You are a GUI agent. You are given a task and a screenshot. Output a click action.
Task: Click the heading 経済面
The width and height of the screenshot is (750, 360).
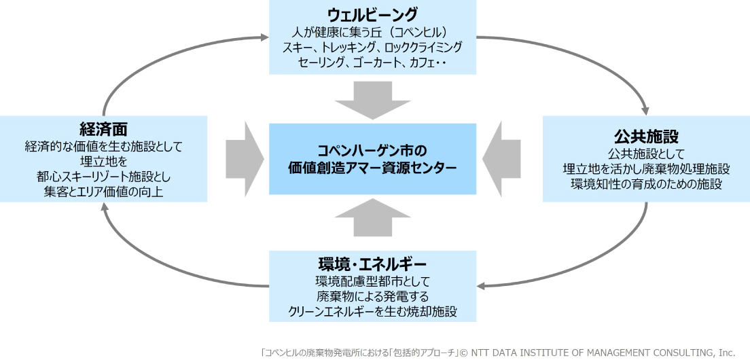104,129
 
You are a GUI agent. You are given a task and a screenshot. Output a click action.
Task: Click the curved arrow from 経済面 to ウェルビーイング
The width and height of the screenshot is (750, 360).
156,54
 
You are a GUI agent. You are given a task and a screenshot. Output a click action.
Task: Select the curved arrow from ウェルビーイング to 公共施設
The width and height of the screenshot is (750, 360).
598,58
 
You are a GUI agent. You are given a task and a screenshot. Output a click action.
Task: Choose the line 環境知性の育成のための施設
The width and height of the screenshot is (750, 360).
646,183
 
